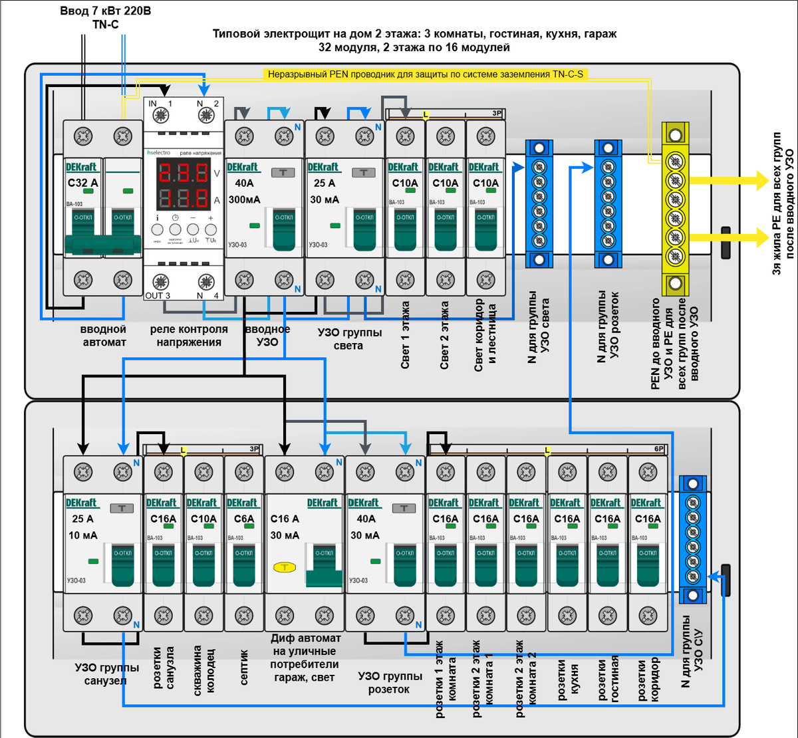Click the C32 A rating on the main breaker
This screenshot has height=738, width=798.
point(82,183)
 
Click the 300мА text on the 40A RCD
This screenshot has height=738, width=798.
point(244,199)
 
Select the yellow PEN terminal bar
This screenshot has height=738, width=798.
point(674,209)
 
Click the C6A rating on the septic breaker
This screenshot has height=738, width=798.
point(244,519)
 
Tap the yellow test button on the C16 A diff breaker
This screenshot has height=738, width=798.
point(284,567)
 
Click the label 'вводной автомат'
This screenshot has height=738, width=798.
point(104,336)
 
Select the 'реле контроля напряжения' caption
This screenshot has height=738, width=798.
point(189,336)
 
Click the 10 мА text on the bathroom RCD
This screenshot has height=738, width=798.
point(82,535)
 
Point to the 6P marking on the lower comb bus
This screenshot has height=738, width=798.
point(658,449)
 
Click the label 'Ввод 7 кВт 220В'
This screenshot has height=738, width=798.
point(105,11)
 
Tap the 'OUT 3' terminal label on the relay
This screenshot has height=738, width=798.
point(158,295)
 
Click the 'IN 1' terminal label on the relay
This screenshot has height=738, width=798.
point(160,104)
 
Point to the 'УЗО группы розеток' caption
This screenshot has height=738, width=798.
point(390,683)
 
